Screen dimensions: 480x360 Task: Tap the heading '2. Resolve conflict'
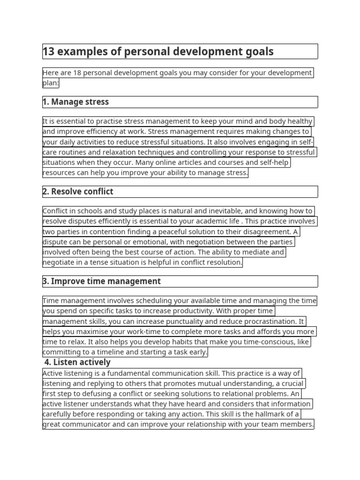(x=78, y=191)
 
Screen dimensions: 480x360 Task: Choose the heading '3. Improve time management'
(x=102, y=281)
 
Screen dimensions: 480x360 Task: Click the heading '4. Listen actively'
(x=78, y=362)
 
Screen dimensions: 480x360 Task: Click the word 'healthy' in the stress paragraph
(x=298, y=121)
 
